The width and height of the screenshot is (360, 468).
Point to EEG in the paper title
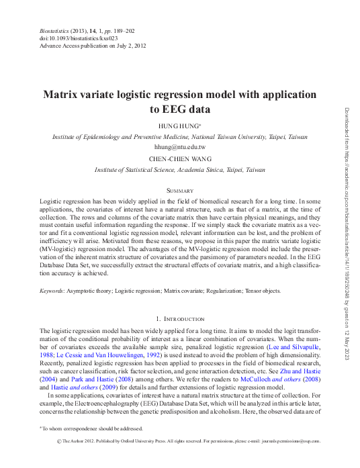(173, 109)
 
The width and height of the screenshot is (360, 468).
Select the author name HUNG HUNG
(179, 126)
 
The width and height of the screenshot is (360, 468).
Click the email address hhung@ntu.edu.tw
(179, 146)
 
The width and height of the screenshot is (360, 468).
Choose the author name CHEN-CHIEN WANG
(179, 159)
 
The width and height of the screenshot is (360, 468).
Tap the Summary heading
(179, 191)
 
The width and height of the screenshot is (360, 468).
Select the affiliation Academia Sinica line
(179, 171)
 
